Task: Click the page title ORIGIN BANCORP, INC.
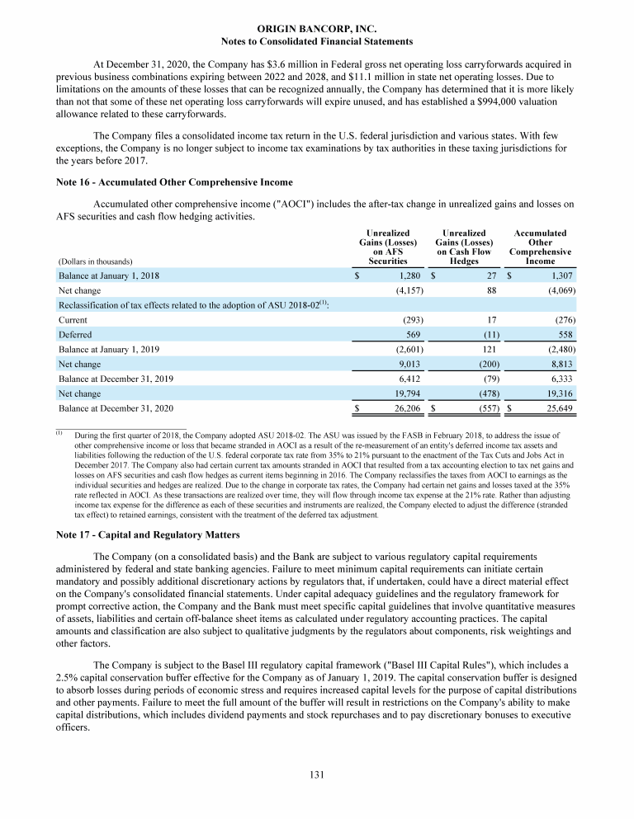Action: click(x=317, y=28)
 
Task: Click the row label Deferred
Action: click(x=75, y=334)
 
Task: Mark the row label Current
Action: click(x=73, y=318)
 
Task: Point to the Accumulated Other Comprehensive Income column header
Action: click(x=540, y=247)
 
